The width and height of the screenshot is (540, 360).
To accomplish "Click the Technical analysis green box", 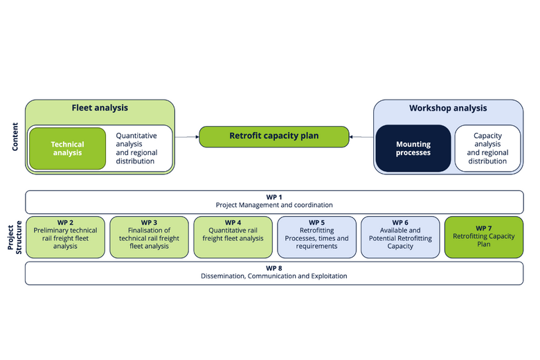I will pyautogui.click(x=67, y=149).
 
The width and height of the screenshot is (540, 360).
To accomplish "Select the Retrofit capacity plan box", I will pyautogui.click(x=274, y=136).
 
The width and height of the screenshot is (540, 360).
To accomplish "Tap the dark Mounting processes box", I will pyautogui.click(x=413, y=148).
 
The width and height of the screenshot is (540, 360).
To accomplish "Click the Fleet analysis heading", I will pyautogui.click(x=100, y=108).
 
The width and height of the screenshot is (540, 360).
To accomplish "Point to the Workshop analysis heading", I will pyautogui.click(x=448, y=108).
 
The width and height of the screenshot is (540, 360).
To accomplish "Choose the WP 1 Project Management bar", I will pyautogui.click(x=274, y=201).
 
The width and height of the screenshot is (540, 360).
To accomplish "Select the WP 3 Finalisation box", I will pyautogui.click(x=149, y=237).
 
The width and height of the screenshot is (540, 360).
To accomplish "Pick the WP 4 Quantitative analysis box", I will pyautogui.click(x=233, y=237).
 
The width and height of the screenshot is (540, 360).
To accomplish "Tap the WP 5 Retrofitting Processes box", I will pyautogui.click(x=316, y=237).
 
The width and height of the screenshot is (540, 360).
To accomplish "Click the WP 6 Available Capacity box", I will pyautogui.click(x=400, y=237).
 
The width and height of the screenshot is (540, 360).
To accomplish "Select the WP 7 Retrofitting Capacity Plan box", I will pyautogui.click(x=483, y=237).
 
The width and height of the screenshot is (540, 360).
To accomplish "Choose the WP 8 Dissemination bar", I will pyautogui.click(x=274, y=272).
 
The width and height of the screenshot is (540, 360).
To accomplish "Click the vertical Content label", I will pyautogui.click(x=15, y=137).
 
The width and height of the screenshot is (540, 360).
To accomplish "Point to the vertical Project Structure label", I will pyautogui.click(x=15, y=237).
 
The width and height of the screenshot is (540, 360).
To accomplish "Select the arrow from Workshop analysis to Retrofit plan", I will pyautogui.click(x=361, y=137).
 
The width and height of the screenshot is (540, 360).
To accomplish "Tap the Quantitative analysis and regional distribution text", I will pyautogui.click(x=136, y=148).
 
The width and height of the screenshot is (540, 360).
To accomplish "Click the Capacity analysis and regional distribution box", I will pyautogui.click(x=487, y=148).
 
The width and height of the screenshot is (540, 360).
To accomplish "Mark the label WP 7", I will pyautogui.click(x=483, y=228).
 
